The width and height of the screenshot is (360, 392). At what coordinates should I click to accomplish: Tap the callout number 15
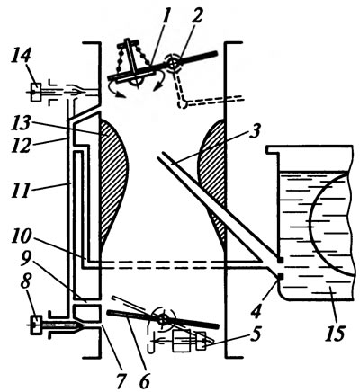[x=335, y=332]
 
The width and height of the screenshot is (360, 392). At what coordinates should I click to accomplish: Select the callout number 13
[x=22, y=124]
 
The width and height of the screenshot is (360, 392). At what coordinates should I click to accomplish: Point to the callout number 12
[x=21, y=145]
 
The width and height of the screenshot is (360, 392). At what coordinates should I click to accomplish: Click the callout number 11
[x=21, y=189]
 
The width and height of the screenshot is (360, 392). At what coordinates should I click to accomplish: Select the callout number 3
[x=255, y=131]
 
